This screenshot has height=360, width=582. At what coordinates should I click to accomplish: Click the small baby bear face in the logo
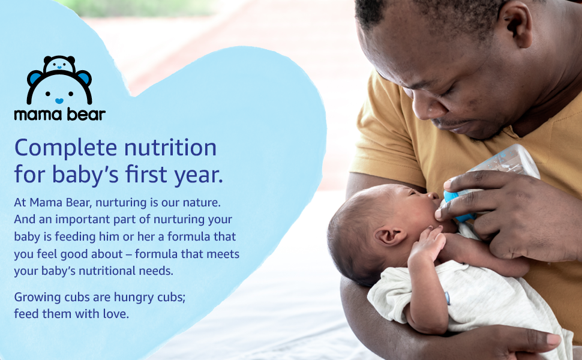[x=59, y=65]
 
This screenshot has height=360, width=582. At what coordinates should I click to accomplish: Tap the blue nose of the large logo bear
[x=59, y=101]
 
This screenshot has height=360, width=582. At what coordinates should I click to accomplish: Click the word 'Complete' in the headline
[x=65, y=148]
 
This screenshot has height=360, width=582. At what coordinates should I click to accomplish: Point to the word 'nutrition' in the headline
[x=170, y=148]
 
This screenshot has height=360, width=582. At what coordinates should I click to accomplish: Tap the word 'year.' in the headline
[x=199, y=176]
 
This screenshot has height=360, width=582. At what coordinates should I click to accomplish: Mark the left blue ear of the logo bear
[x=35, y=77]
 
